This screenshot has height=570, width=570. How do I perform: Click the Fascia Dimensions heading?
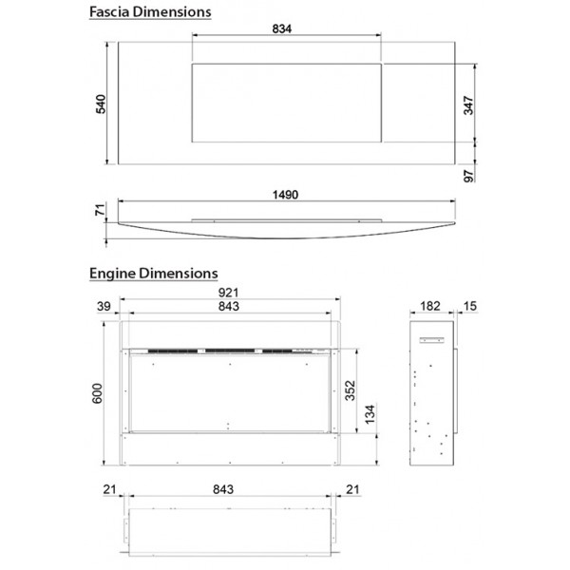click(x=150, y=12)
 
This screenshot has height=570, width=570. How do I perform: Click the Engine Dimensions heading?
click(x=153, y=274)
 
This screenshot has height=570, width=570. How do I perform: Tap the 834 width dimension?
click(x=282, y=28)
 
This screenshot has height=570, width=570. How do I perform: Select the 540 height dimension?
click(x=101, y=104)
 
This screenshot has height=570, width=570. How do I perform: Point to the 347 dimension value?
click(x=468, y=105)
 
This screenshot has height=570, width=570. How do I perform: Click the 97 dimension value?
click(x=469, y=176)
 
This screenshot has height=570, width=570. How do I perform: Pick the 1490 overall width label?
click(x=285, y=195)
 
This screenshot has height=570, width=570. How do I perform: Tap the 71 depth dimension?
click(x=101, y=210)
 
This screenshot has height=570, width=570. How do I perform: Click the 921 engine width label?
click(x=228, y=293)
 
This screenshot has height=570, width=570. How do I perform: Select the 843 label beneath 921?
click(x=229, y=307)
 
